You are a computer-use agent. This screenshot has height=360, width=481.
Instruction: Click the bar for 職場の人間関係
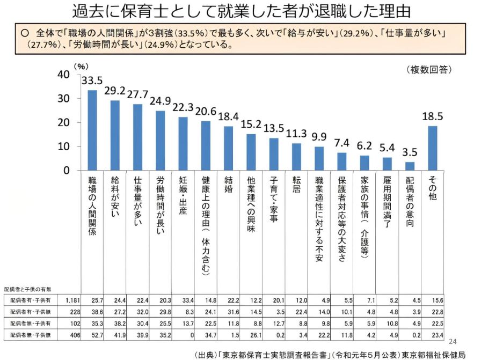[x=92, y=130]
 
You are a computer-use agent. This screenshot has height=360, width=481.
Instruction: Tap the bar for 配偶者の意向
[x=410, y=166]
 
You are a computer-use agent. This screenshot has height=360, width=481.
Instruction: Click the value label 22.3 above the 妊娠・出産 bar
[x=183, y=107]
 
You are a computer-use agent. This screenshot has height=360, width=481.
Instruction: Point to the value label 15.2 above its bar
[x=251, y=124]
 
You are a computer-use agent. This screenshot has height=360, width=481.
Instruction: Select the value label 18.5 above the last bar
[x=433, y=116]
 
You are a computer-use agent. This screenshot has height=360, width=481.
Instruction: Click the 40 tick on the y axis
[x=63, y=75]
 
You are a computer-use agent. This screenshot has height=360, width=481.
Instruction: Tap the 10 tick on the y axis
[x=63, y=146]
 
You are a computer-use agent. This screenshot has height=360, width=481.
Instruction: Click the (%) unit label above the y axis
[x=81, y=67]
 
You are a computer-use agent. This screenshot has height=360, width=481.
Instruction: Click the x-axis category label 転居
[x=296, y=186]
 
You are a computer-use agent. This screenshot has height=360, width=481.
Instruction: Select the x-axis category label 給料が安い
[x=114, y=199]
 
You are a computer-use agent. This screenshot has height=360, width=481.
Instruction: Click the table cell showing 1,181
[x=72, y=299]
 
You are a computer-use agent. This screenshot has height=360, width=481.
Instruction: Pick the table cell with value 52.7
[x=97, y=335]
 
